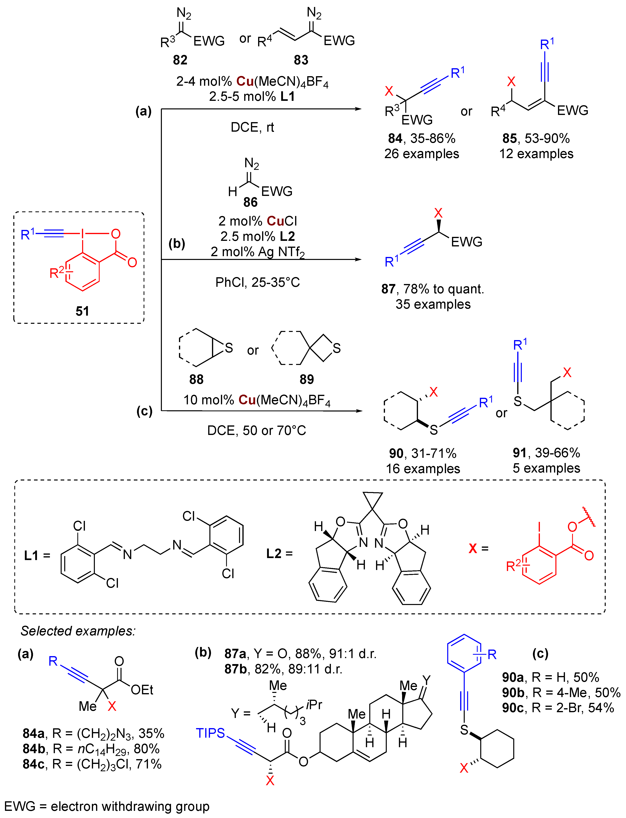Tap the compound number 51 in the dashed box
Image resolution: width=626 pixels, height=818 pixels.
[x=82, y=311]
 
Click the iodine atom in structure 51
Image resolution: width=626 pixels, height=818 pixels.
[x=83, y=234]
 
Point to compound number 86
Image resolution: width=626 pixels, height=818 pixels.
[x=250, y=202]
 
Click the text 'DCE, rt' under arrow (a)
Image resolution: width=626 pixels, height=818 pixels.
[x=252, y=127]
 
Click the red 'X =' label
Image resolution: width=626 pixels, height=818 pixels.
[x=478, y=548]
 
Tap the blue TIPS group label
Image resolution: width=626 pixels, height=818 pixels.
[x=211, y=733]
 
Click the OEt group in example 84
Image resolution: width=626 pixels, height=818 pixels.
[x=142, y=690]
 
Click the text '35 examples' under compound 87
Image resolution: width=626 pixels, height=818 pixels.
[x=433, y=304]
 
